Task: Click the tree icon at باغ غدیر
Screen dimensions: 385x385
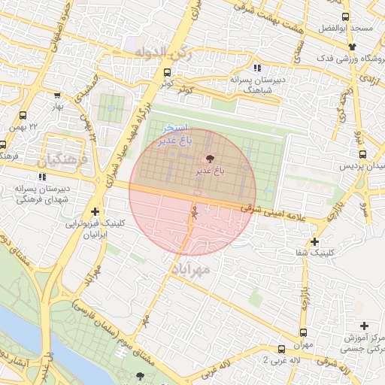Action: (210, 158)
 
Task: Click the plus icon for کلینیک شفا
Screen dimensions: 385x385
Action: (314, 242)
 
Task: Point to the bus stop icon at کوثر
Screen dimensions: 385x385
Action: (167, 73)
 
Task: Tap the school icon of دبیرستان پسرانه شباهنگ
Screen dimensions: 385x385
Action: (258, 68)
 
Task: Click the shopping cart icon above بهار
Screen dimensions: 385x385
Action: (57, 95)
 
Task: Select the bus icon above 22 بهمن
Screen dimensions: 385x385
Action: (23, 116)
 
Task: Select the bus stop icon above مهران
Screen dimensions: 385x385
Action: (303, 332)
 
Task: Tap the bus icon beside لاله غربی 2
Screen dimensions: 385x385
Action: (281, 350)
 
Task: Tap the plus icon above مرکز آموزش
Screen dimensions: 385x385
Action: (365, 326)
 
